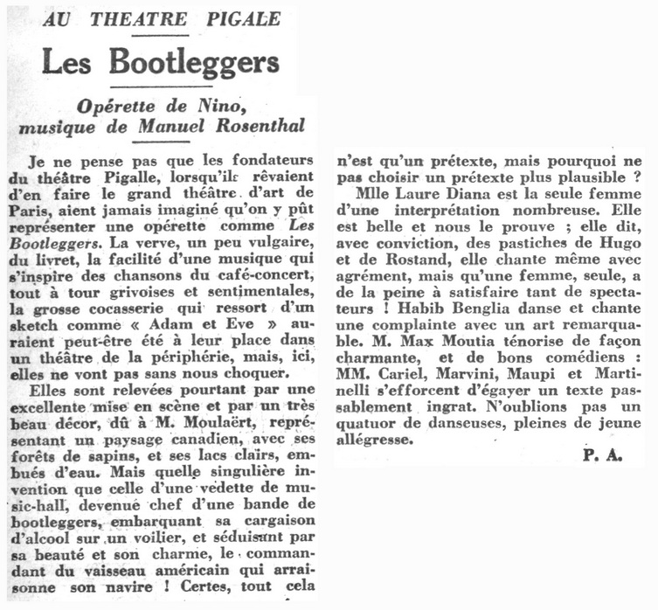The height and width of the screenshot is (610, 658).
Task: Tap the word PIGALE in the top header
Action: tap(239, 19)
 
